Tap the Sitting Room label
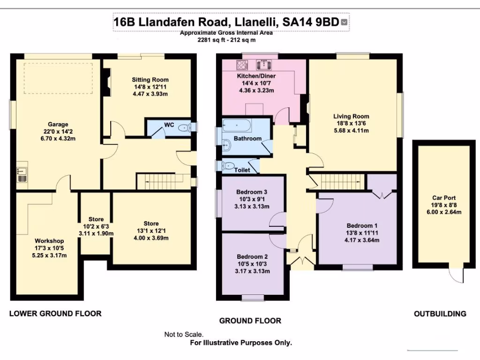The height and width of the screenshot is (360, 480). pos(150,80)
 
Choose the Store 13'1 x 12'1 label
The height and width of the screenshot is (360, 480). pos(151,224)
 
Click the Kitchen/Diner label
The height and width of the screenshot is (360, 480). pos(256,76)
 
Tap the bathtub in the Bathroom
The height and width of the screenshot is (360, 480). pos(237,126)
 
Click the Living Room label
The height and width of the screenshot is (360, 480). pos(351,116)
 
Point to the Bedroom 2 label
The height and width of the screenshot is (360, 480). pos(252,257)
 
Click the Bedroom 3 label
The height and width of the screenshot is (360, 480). pos(252,192)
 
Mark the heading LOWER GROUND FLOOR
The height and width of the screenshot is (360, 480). pos(55,314)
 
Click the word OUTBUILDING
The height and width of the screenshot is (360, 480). pos(440,314)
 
